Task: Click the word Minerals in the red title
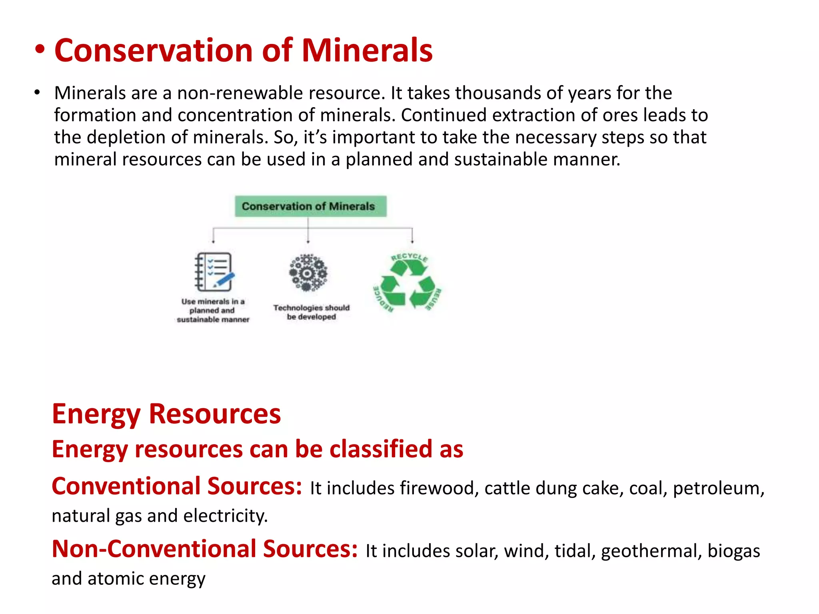click(x=367, y=51)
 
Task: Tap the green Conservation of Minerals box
click(x=310, y=206)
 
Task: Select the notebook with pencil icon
click(x=214, y=272)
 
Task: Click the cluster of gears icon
click(x=308, y=273)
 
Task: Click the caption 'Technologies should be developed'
click(x=312, y=312)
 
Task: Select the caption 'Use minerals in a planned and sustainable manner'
click(x=213, y=311)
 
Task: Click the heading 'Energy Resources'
click(x=166, y=414)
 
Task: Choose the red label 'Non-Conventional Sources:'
click(x=205, y=549)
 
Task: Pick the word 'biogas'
click(x=733, y=551)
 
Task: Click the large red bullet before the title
click(x=40, y=51)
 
